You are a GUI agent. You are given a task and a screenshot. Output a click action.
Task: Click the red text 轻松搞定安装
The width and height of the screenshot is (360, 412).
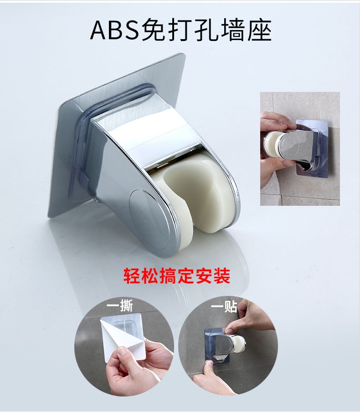177,275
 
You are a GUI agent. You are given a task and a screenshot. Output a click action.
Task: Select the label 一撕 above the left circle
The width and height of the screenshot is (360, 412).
120,305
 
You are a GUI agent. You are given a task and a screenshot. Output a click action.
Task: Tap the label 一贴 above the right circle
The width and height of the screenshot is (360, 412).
224,306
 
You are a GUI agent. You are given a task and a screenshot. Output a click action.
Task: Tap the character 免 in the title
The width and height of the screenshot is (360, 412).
156,30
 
